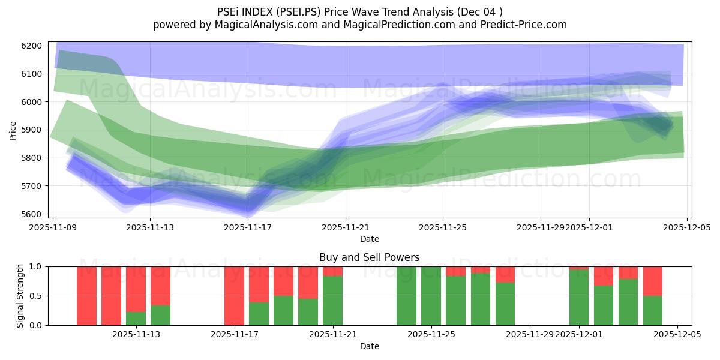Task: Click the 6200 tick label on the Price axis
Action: point(31,46)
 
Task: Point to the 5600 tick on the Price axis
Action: point(31,214)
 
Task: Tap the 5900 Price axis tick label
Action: point(31,130)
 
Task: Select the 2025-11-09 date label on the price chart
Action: point(53,227)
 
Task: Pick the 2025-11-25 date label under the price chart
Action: point(443,227)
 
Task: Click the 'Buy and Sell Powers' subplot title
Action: point(369,257)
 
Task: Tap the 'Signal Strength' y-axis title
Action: point(20,296)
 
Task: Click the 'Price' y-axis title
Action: point(13,130)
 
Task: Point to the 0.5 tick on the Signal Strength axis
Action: point(36,296)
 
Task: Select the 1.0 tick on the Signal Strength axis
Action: point(36,266)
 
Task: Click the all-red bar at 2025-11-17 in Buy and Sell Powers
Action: point(234,296)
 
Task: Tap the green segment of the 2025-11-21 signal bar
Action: point(332,301)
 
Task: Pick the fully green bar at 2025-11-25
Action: point(431,296)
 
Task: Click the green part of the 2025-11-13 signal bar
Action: point(136,319)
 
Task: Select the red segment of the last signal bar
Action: point(653,281)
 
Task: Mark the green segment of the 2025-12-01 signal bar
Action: point(579,297)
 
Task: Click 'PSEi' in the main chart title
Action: point(229,11)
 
